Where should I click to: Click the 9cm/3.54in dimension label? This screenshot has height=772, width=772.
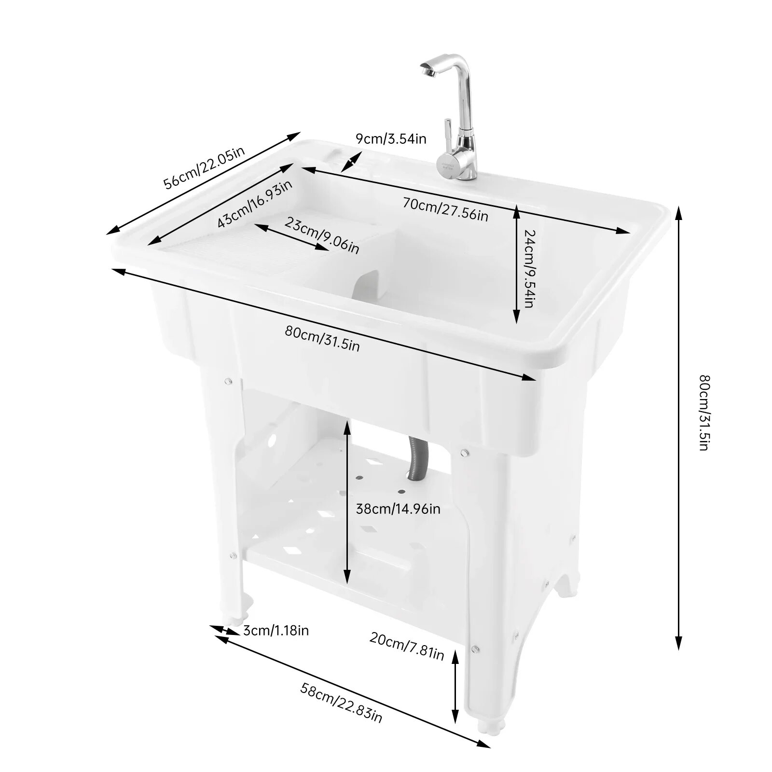click(x=391, y=139)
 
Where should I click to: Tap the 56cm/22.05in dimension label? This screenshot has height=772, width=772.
click(x=204, y=167)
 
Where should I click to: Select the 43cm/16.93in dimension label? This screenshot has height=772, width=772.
click(x=254, y=204)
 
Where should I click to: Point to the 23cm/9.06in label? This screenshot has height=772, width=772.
click(x=322, y=235)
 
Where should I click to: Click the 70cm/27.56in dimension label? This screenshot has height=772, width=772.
click(x=445, y=209)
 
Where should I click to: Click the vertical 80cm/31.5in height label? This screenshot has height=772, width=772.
click(x=704, y=413)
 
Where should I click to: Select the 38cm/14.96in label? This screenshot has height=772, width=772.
click(x=398, y=509)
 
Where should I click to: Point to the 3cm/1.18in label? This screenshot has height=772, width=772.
click(x=276, y=631)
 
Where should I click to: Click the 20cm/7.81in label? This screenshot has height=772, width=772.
click(x=407, y=646)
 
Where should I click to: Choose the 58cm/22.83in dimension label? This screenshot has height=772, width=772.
click(x=341, y=703)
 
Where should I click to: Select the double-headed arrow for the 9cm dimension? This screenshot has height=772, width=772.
click(x=351, y=162)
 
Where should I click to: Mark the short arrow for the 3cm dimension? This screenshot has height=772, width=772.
click(x=224, y=630)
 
